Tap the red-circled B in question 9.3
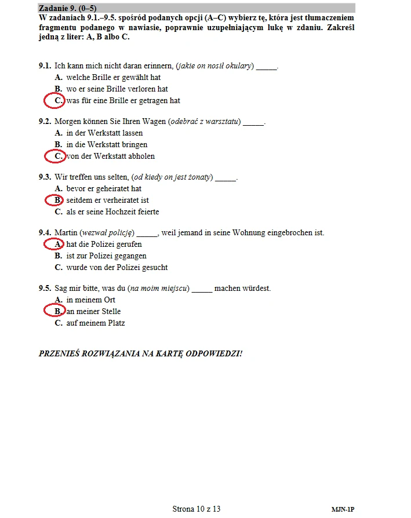56,200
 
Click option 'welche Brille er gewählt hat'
113,78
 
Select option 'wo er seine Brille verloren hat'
117,89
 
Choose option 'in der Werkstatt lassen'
104,133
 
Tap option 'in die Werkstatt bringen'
107,145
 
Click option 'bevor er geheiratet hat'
104,189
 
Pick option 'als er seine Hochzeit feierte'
112,212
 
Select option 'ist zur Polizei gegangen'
106,256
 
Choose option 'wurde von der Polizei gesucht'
117,268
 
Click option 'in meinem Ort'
90,300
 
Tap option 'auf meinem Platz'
95,323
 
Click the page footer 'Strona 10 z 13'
197,509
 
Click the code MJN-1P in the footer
343,510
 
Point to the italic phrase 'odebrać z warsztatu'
204,122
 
